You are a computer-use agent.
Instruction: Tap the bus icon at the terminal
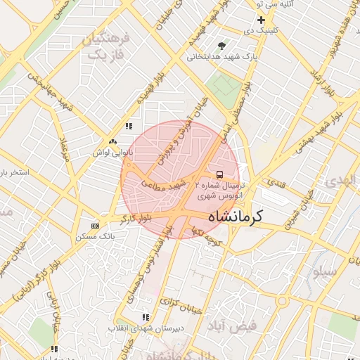click(219, 174)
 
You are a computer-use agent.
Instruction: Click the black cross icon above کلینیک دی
click(260, 20)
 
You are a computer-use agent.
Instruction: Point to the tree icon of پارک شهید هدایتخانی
click(222, 46)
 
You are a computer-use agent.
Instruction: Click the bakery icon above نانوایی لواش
click(112, 141)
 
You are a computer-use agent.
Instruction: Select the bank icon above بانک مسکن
click(96, 226)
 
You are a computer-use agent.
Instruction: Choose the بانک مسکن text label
click(96, 237)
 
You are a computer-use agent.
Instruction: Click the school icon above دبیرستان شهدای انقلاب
click(146, 318)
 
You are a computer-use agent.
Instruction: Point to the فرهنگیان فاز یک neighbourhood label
click(107, 45)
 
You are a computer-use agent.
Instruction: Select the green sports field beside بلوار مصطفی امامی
click(224, 87)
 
